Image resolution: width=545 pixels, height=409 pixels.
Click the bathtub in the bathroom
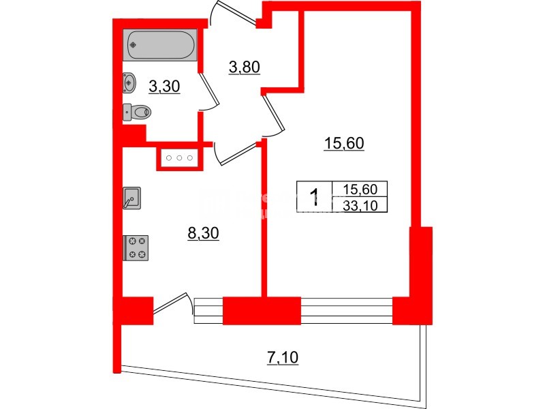pyautogui.click(x=161, y=45)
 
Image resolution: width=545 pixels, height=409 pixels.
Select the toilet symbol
pyautogui.click(x=139, y=111)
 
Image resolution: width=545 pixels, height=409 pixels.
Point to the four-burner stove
pyautogui.click(x=136, y=247)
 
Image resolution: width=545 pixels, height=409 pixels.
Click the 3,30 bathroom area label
pyautogui.click(x=163, y=87)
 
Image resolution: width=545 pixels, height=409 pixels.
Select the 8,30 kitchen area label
pyautogui.click(x=203, y=233)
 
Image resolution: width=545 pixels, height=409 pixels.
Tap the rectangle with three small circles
pyautogui.click(x=180, y=158)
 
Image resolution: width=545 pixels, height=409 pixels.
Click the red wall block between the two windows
pyautogui.click(x=262, y=311)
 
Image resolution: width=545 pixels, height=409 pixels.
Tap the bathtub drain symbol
pyautogui.click(x=134, y=45)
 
